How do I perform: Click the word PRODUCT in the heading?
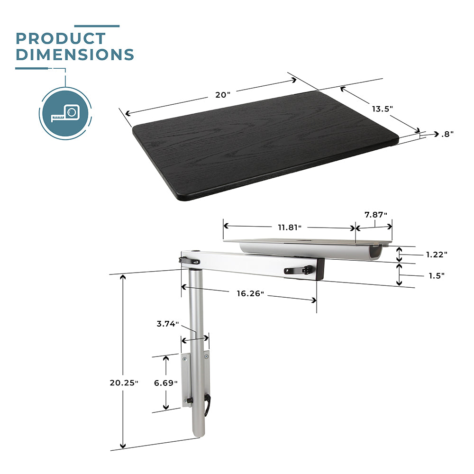(61, 39)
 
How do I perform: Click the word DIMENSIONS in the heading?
(75, 55)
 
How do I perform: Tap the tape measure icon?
(65, 114)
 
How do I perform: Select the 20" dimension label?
(223, 95)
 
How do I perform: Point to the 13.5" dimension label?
(383, 109)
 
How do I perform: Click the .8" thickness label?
(447, 134)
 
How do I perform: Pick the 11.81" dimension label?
(290, 228)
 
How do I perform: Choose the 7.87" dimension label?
(376, 215)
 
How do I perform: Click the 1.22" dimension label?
(437, 255)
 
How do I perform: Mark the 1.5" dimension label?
(437, 276)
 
